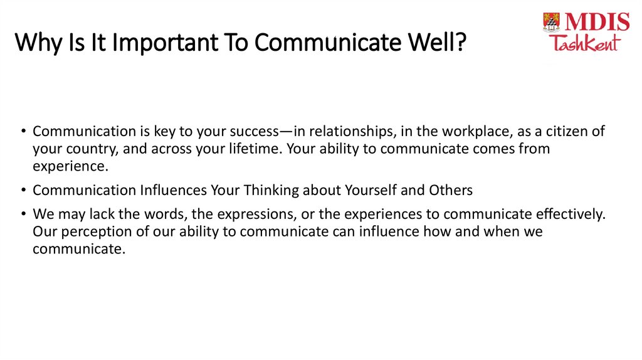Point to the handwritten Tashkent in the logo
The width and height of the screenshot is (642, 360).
point(584,43)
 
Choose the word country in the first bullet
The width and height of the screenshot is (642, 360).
point(87,149)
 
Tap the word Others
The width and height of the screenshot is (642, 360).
point(450,190)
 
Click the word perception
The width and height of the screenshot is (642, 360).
point(88,231)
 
